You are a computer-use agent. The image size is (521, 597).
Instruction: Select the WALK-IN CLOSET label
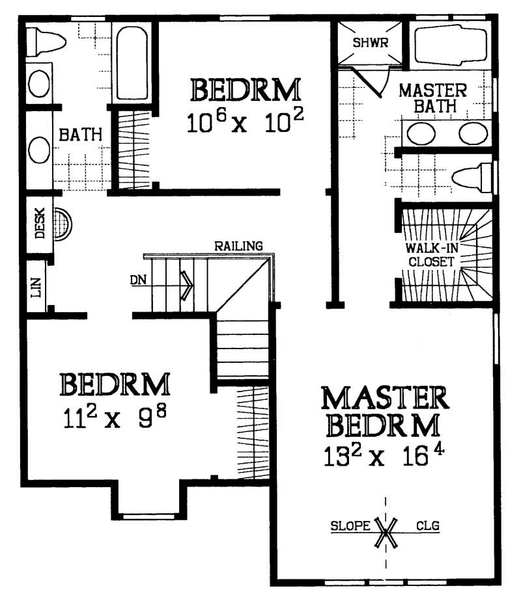(430, 255)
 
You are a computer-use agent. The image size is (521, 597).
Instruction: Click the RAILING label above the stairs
(238, 246)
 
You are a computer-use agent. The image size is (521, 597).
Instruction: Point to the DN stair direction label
(137, 281)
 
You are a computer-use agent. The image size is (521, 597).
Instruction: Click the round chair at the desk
(63, 224)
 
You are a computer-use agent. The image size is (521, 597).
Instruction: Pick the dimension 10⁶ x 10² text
(245, 122)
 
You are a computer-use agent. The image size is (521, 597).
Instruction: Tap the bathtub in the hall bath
(132, 62)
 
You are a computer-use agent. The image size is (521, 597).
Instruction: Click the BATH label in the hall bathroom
(81, 135)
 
